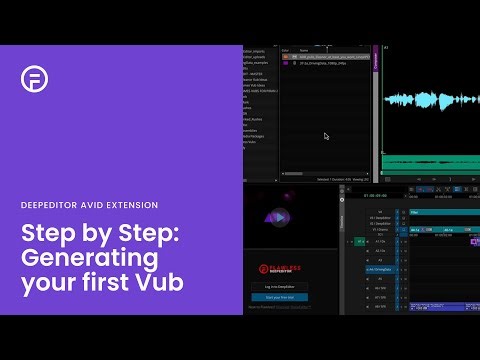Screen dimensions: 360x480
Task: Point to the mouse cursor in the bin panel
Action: [x=326, y=136]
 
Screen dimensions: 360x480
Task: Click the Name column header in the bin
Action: [x=304, y=49]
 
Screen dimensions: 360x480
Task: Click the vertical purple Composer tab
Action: [x=376, y=60]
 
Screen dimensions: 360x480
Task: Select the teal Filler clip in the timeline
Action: [x=440, y=213]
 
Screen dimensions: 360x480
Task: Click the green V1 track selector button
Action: [x=360, y=241]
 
